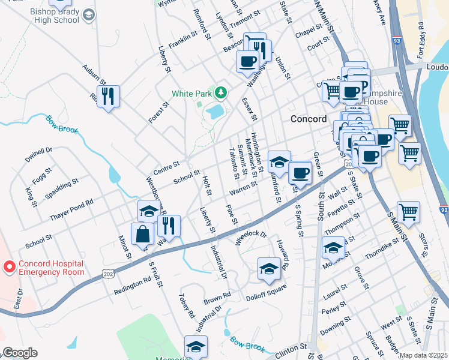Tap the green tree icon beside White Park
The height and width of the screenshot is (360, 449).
[221, 92]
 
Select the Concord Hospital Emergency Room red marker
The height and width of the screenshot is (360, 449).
[10, 266]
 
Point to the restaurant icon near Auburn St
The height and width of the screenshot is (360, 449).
[108, 96]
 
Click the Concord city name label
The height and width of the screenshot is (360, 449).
[309, 119]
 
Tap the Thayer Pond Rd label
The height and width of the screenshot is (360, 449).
[71, 203]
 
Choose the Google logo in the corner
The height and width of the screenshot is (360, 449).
[20, 353]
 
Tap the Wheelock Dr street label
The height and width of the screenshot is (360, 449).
[250, 236]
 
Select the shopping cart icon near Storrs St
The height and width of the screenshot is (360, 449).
[408, 212]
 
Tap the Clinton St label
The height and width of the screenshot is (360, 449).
[292, 347]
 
